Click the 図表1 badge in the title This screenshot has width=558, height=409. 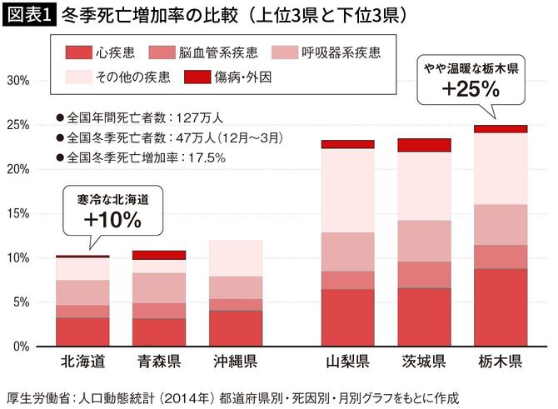tap(28, 15)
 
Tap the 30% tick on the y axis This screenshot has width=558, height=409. tap(18, 81)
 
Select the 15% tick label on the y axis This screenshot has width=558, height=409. tap(18, 213)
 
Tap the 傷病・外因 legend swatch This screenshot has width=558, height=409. tap(188, 78)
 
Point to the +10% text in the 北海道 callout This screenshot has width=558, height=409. tap(112, 221)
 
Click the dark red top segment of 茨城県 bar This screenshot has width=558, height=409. tap(423, 145)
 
